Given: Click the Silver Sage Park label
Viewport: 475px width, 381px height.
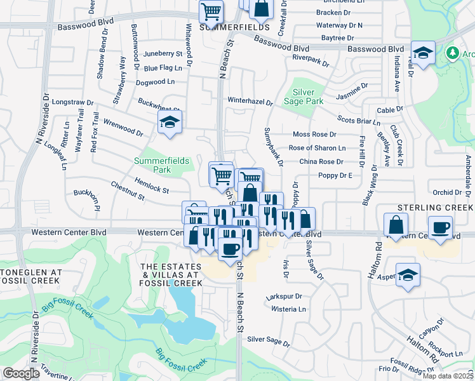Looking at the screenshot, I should click(x=308, y=97).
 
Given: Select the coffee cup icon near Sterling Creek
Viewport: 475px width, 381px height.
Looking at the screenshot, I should click(x=440, y=227).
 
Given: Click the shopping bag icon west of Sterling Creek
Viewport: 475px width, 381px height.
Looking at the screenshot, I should click(x=396, y=225).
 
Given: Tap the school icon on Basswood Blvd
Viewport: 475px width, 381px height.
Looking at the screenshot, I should click(x=424, y=53).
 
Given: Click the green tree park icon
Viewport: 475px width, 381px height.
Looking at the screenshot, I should click(x=453, y=53).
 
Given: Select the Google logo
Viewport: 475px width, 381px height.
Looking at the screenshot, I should click(x=20, y=373).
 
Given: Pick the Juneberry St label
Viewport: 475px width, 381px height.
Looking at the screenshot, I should click(x=163, y=54).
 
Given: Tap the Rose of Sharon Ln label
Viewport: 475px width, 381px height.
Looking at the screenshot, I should click(x=317, y=148).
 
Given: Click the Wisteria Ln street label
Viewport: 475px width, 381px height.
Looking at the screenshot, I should click(x=288, y=309).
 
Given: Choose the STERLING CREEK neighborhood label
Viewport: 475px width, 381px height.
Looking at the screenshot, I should click(x=435, y=208).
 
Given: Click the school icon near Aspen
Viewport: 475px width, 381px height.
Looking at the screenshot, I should click(x=408, y=275).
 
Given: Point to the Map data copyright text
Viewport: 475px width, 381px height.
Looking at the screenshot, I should click(x=448, y=376).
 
